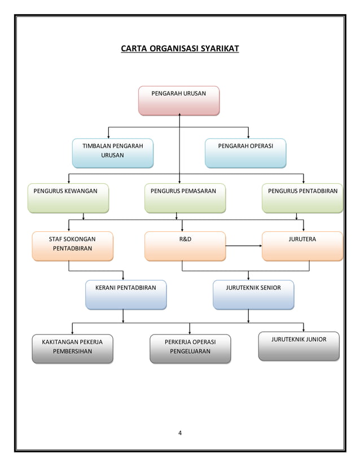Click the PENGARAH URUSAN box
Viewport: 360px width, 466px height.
(179, 100)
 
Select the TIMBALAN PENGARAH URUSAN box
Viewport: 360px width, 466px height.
(112, 153)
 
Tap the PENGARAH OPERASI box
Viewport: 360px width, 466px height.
(245, 153)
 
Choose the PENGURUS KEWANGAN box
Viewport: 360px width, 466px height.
(68, 198)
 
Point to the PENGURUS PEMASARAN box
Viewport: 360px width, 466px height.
(185, 198)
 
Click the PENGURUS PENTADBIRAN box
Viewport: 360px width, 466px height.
(302, 198)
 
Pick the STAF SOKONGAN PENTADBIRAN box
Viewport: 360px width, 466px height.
(72, 246)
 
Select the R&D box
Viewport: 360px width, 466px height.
(185, 246)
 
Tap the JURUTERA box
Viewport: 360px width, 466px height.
(302, 246)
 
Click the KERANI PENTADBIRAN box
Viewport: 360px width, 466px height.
(126, 294)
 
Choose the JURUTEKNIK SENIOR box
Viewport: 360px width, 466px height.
(253, 294)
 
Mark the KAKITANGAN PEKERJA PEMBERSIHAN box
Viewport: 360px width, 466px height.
(72, 349)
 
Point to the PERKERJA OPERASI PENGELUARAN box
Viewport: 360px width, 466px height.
(190, 349)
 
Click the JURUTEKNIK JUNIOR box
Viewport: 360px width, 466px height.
(298, 345)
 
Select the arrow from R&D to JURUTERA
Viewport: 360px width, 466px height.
(243, 246)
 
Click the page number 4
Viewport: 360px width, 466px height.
(180, 433)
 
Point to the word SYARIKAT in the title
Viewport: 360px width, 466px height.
(219, 49)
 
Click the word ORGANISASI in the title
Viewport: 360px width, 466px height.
(173, 49)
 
